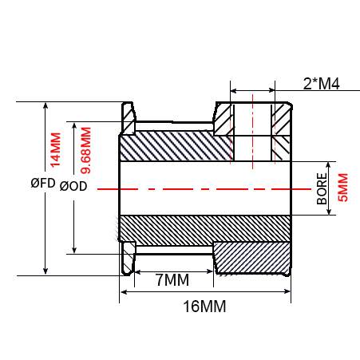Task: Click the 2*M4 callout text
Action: coord(321,84)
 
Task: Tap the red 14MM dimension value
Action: coord(56,150)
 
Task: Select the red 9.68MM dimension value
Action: coord(86,150)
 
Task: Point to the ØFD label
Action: coord(43,183)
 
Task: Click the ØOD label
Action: coord(73,186)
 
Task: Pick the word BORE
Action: coord(322,188)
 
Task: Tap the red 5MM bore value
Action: coord(342,188)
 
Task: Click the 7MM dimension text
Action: coord(172,280)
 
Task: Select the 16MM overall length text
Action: coord(204,306)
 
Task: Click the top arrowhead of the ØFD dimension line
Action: coord(45,105)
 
